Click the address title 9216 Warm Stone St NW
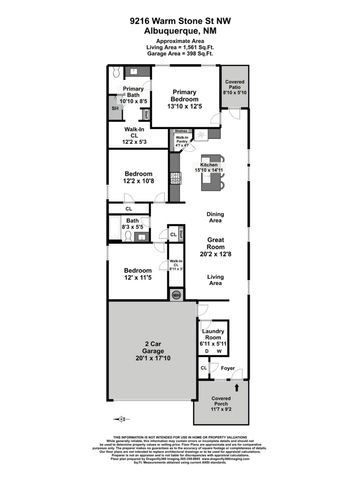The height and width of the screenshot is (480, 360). point(180,19)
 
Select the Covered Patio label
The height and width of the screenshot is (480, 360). point(235,85)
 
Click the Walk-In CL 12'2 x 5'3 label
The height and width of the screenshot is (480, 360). point(136,135)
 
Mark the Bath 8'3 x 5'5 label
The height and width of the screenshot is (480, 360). point(132,225)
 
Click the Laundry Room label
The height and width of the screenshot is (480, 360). point(213,336)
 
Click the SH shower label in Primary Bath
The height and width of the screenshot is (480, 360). point(114,108)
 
